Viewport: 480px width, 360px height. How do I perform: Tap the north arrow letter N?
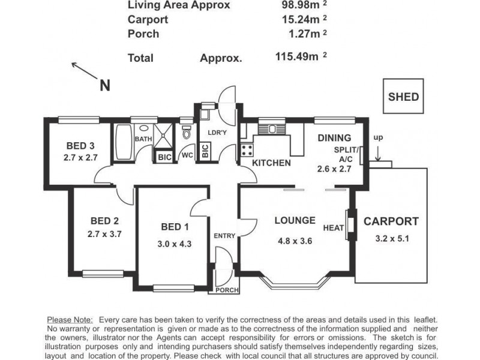coord(104,85)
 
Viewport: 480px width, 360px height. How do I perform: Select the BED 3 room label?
coord(80,146)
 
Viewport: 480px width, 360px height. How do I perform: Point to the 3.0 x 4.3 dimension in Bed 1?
coord(175,244)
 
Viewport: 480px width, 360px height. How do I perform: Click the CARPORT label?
coord(391,221)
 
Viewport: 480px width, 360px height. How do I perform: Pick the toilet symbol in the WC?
coord(187,131)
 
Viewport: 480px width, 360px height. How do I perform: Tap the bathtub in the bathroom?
coord(124,142)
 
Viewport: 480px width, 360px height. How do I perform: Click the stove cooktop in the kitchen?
coord(247,150)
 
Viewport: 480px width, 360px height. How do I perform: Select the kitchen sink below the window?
coord(272,128)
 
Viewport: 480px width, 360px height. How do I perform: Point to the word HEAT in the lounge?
coord(334,228)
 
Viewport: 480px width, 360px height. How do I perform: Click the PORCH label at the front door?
coord(227,290)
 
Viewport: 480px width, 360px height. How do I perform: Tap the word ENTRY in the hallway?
coord(224,236)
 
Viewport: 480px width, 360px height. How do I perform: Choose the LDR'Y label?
coord(217,133)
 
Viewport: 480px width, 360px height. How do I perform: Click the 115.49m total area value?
coord(296,56)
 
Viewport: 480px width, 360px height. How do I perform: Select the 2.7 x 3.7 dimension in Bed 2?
coord(104,234)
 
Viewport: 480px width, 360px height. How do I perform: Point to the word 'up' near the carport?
coord(378,138)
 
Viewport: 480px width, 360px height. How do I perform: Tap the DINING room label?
coord(334,138)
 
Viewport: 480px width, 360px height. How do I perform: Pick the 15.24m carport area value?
coord(301,19)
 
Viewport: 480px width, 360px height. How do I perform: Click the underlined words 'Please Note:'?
coord(70,320)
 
